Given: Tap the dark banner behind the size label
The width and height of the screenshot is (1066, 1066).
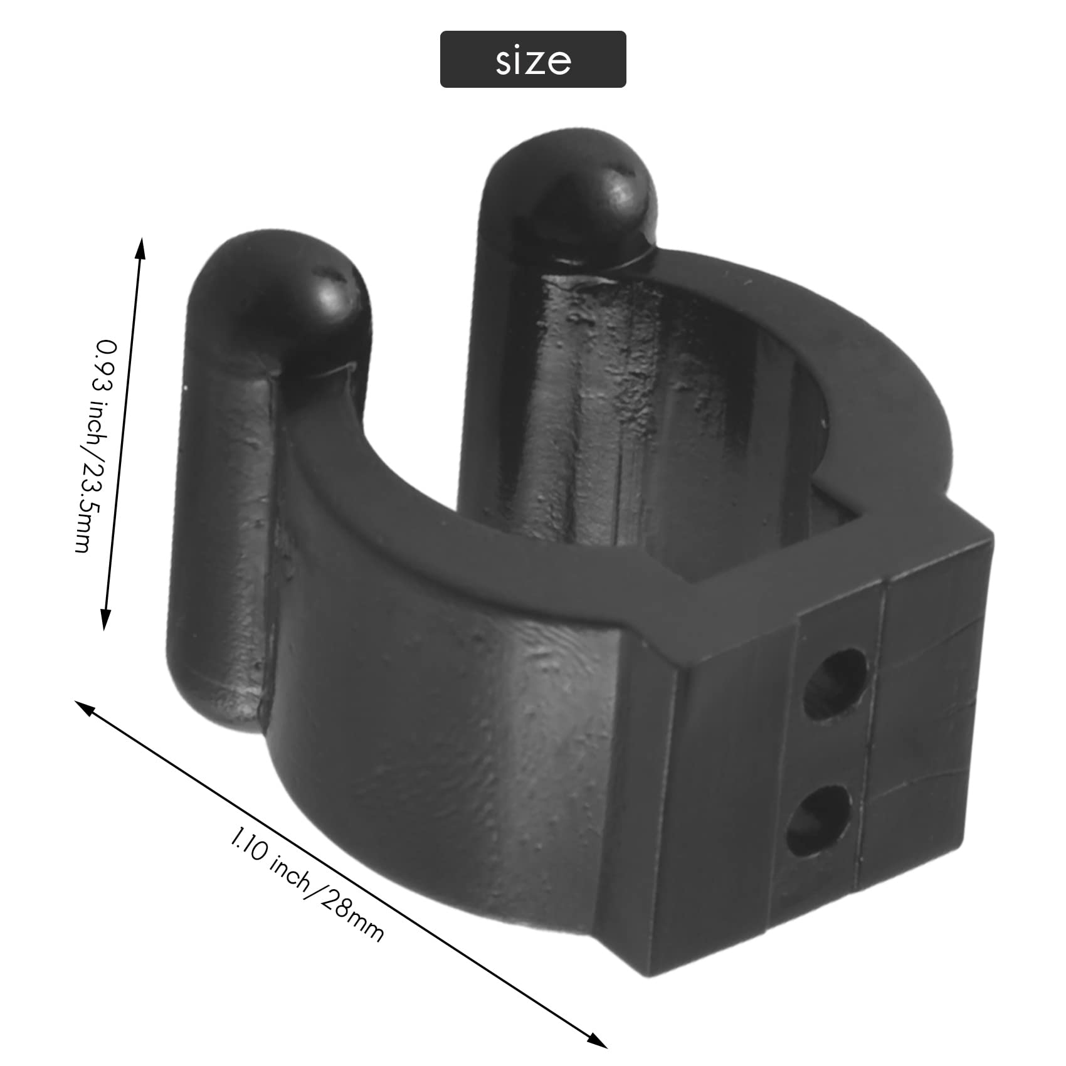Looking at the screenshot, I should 464,60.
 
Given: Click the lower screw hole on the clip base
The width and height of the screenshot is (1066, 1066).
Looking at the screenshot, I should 819,820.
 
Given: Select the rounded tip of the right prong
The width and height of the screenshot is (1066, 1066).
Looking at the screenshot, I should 586,191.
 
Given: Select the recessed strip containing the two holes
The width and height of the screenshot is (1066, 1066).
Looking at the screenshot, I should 828,752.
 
